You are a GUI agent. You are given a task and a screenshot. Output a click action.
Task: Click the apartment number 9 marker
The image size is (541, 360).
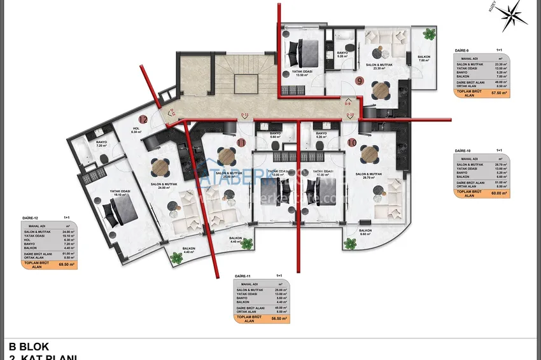[360, 81]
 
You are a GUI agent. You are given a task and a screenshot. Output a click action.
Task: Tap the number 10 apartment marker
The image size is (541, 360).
[352, 142]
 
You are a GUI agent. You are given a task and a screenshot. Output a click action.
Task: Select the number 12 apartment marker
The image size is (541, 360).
[143, 119]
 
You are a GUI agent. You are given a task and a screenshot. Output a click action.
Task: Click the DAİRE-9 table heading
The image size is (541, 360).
[462, 50]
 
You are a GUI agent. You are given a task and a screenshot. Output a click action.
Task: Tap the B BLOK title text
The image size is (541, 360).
[29, 347]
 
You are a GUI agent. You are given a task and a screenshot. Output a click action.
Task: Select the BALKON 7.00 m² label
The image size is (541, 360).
[424, 59]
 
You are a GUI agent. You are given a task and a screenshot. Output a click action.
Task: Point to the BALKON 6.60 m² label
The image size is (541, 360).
[365, 232]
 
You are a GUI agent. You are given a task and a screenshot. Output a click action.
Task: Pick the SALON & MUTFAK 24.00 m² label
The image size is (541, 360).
[162, 186]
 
